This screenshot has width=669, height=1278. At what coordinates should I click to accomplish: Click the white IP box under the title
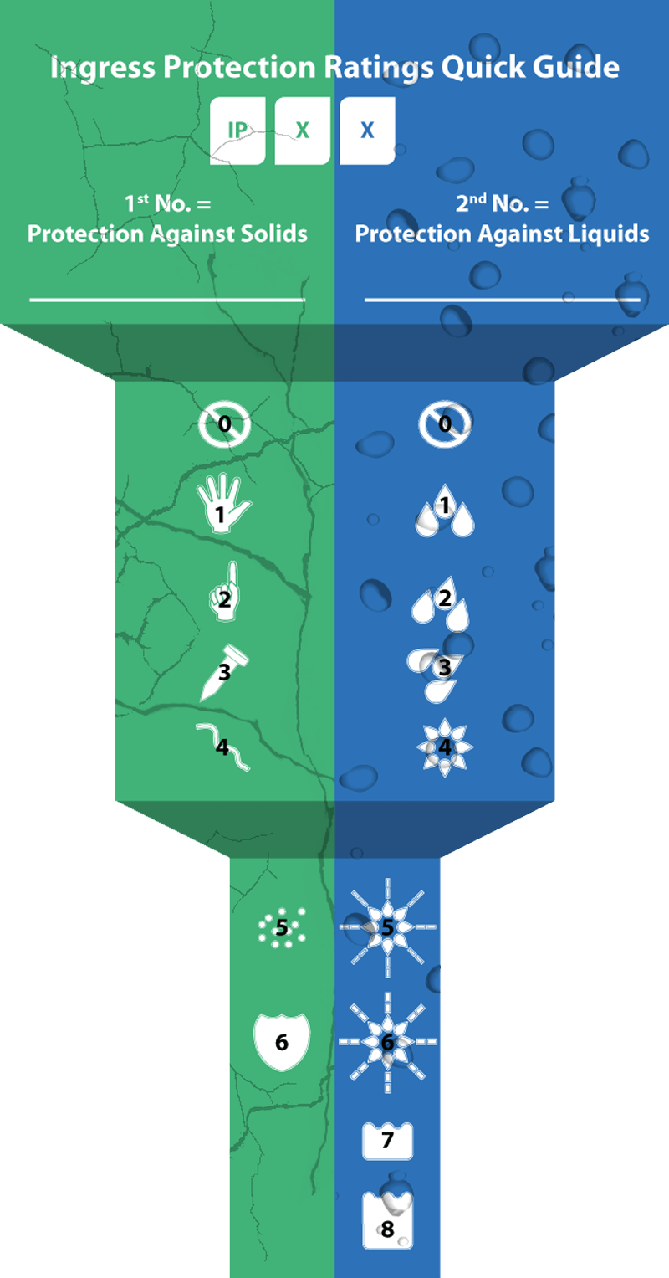coord(237,131)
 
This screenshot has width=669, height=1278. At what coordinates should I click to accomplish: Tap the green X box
coord(303,131)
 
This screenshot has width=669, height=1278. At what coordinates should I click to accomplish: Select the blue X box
coord(368,131)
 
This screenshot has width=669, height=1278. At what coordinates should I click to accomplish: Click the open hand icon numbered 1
coord(223,503)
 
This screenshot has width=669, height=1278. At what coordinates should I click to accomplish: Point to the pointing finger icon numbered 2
coord(225,592)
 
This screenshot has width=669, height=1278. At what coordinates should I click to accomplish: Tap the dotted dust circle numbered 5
coord(282,927)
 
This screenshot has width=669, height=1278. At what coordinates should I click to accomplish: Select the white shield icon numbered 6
coord(282,1042)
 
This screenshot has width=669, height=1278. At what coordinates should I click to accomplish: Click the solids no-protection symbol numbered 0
coord(224,424)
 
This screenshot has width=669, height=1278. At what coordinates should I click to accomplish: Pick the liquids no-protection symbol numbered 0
coord(445,424)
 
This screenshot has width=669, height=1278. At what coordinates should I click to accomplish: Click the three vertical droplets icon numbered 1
coord(445,510)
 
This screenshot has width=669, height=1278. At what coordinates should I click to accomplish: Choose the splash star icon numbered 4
coord(445,747)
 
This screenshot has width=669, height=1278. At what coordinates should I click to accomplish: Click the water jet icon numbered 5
coord(387,927)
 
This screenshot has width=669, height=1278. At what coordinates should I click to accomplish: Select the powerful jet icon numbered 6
coord(387,1042)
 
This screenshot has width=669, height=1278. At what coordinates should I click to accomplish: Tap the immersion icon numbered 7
coord(387,1141)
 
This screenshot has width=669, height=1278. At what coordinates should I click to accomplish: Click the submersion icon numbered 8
coord(387,1221)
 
